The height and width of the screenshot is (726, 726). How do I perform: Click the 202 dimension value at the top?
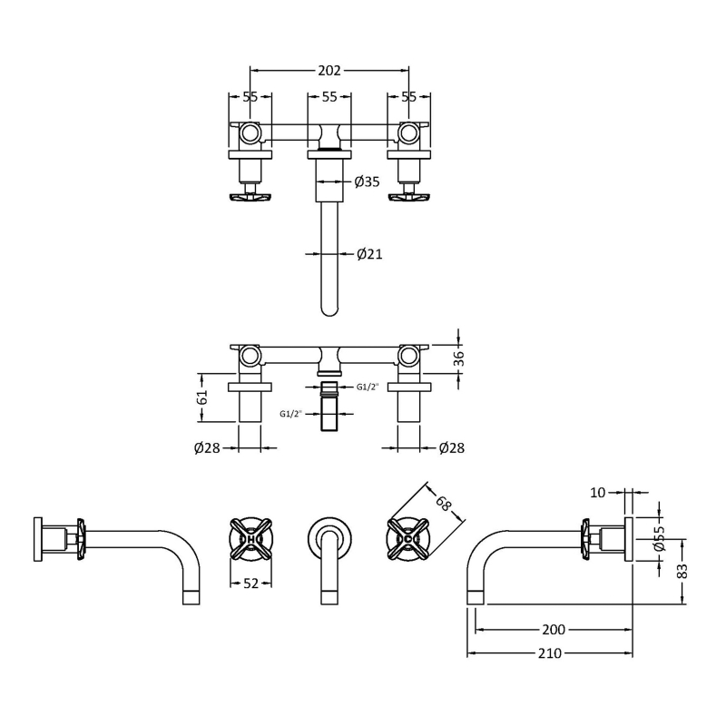[329, 70]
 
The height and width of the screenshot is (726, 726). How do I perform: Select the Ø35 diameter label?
[367, 181]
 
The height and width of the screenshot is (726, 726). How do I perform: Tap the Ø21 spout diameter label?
[369, 254]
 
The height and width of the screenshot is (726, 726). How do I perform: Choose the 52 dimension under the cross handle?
[251, 583]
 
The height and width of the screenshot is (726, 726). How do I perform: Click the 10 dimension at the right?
[598, 493]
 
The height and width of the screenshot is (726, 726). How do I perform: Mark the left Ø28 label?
[207, 447]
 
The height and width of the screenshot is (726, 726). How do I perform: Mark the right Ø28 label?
[452, 447]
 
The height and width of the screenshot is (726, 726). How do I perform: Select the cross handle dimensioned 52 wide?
[251, 538]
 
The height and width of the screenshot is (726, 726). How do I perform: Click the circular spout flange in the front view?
[329, 535]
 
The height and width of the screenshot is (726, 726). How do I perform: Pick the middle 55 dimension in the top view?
[329, 97]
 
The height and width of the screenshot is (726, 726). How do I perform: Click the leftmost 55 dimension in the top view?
[250, 97]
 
